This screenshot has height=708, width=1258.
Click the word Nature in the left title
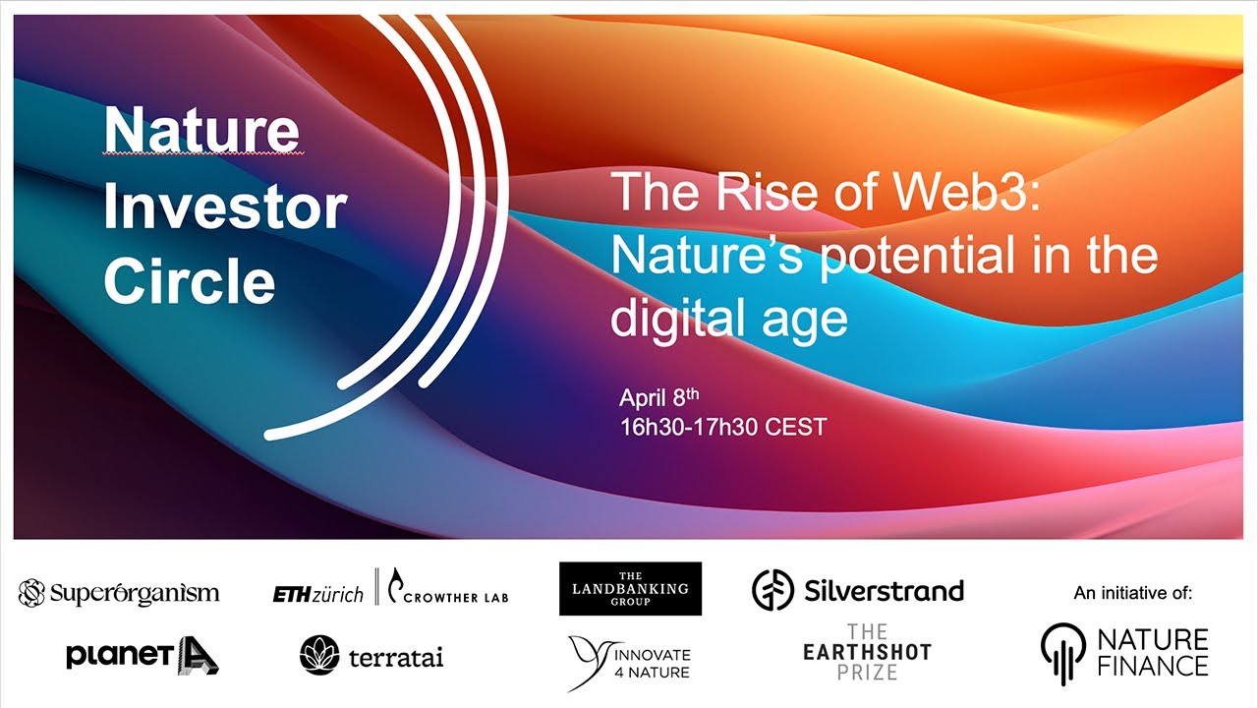[201, 131]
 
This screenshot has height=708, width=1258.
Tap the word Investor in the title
[225, 206]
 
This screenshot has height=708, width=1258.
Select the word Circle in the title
[190, 280]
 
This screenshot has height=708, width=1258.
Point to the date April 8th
[659, 397]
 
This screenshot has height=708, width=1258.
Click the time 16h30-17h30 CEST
[723, 427]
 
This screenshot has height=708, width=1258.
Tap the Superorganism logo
[119, 593]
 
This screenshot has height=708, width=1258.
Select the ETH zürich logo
[317, 595]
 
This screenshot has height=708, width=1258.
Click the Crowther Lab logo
[448, 587]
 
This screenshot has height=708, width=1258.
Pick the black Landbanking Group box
[630, 588]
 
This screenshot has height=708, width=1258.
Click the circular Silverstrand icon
[772, 590]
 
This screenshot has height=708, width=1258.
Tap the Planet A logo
[143, 655]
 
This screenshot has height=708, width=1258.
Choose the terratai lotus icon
[319, 655]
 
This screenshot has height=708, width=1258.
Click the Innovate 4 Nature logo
[629, 663]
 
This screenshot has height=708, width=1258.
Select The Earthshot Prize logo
[867, 652]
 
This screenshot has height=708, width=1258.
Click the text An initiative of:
[1133, 593]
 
